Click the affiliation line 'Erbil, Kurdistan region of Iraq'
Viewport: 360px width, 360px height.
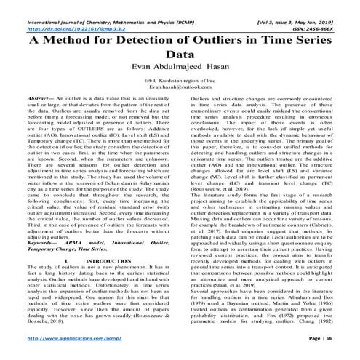tap(179, 79)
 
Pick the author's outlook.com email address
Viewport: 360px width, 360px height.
tap(179, 86)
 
